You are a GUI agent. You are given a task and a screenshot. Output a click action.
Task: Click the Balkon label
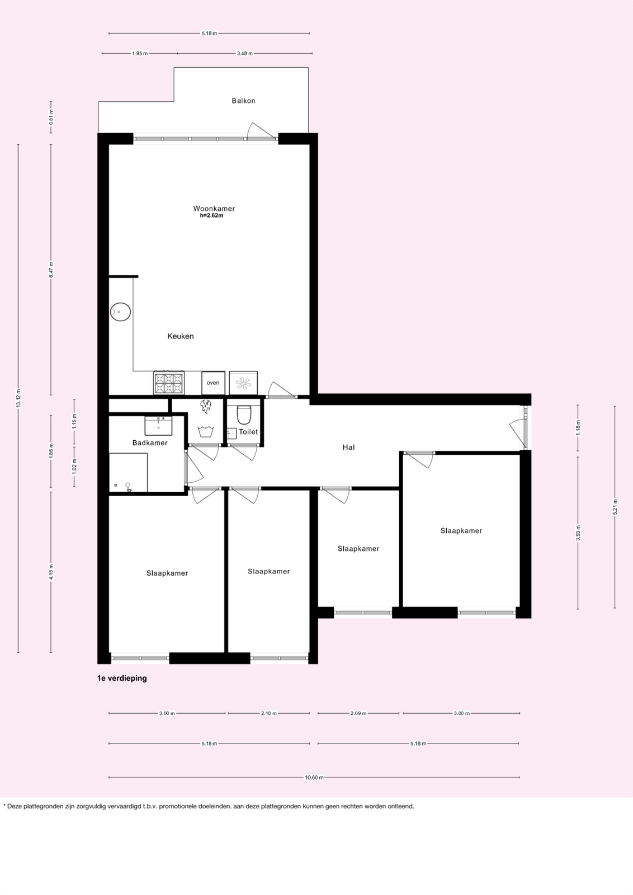click(243, 101)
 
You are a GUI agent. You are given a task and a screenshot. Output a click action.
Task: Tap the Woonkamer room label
click(214, 208)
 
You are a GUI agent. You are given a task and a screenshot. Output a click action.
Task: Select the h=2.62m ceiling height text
click(212, 216)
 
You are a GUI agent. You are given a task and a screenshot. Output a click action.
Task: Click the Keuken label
click(181, 336)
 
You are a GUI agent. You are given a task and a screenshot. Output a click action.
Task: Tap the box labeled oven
click(213, 383)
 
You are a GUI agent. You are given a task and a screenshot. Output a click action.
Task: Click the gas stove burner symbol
click(169, 383)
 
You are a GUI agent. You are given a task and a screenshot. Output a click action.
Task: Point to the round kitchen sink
click(121, 312)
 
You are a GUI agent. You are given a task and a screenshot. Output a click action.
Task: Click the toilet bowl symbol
click(244, 414)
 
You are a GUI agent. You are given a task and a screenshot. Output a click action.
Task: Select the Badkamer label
click(150, 442)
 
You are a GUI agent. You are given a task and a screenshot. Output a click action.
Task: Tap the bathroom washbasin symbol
click(159, 426)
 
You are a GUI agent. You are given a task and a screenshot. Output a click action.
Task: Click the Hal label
click(348, 447)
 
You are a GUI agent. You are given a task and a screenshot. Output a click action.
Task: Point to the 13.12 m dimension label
click(18, 398)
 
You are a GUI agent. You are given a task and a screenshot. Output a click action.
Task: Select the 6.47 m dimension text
click(51, 270)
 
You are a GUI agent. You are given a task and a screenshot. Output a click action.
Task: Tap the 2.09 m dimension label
click(358, 713)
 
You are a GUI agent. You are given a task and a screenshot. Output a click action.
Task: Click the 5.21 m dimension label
click(615, 507)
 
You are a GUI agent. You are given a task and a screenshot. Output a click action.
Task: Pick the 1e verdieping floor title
click(122, 678)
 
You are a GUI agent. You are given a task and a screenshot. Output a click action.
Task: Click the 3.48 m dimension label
click(245, 53)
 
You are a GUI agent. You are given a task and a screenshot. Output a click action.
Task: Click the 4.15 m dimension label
click(51, 572)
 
